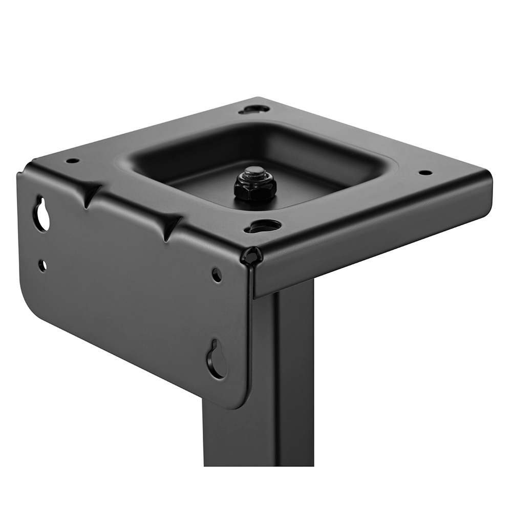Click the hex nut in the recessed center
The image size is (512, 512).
click(255, 188)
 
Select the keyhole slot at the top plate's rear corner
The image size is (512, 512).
click(255, 109)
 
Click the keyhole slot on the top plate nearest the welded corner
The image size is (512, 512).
click(264, 226)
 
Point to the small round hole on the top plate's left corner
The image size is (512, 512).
click(73, 160)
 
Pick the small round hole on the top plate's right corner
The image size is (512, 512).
click(425, 173)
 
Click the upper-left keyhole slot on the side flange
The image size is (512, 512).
click(41, 214)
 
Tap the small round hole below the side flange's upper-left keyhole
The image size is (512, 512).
click(42, 265)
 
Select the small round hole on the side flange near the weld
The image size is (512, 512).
click(217, 275)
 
